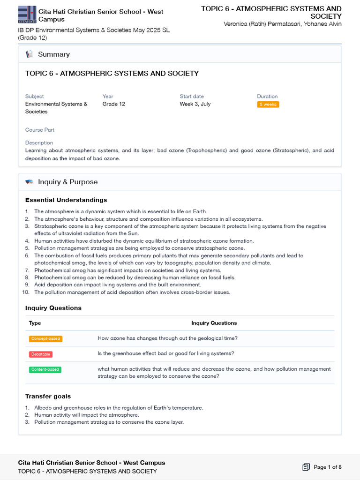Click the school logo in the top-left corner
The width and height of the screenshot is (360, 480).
coord(27,14)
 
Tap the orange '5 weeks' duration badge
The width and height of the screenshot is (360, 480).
coord(268,105)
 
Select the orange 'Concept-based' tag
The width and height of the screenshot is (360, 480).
coord(45,338)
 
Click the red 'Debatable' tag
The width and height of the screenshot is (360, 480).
coord(40,354)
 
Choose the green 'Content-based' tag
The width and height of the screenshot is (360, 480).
coord(45,369)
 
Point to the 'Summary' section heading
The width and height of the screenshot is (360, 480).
coord(53,54)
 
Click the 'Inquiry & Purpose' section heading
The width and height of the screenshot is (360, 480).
coord(67,182)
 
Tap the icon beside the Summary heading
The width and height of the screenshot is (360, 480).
coord(30,54)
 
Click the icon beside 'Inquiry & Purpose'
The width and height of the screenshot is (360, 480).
coord(30,182)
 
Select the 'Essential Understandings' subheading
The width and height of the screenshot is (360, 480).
coord(66,200)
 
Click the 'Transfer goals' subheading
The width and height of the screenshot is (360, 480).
coord(48,396)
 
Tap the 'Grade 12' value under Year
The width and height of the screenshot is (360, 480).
coord(113,104)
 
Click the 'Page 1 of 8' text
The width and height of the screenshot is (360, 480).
coord(327,467)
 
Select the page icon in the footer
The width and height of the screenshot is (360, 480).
coord(306,467)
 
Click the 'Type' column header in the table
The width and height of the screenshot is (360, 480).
coord(35,323)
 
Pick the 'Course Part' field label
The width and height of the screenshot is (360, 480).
coord(40,130)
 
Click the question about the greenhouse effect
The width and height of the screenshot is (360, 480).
coord(165,353)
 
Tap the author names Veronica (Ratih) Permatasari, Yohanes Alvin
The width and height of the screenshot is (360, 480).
coord(282,24)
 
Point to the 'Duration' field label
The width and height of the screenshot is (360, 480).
coord(267,97)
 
